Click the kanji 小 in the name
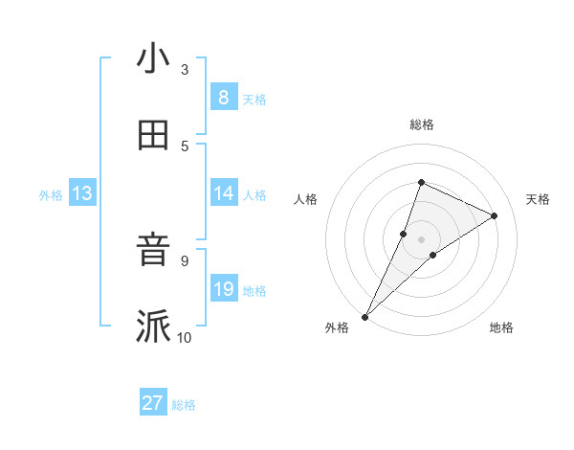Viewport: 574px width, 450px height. (x=153, y=59)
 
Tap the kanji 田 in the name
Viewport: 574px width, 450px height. (x=153, y=136)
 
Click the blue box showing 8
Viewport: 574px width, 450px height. (x=223, y=98)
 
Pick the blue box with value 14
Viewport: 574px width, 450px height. (x=223, y=193)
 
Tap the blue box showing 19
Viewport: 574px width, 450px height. (x=223, y=289)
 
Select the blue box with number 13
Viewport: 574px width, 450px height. (x=81, y=194)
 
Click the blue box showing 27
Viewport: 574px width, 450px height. (x=153, y=403)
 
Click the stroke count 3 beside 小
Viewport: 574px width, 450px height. (x=185, y=70)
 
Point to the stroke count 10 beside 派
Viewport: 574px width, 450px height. (x=185, y=337)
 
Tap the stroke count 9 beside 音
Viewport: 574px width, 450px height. (x=185, y=260)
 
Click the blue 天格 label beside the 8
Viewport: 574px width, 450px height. (x=254, y=99)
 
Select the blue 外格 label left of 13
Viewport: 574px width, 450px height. (x=51, y=195)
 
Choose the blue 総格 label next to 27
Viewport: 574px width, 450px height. (x=185, y=405)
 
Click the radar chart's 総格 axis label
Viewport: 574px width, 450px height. (x=421, y=124)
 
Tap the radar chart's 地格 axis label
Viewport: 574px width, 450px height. (x=501, y=327)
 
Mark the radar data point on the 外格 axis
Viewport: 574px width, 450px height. (x=364, y=317)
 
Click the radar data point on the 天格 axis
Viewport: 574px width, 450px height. (x=495, y=215)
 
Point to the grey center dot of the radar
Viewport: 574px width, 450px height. (x=421, y=238)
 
